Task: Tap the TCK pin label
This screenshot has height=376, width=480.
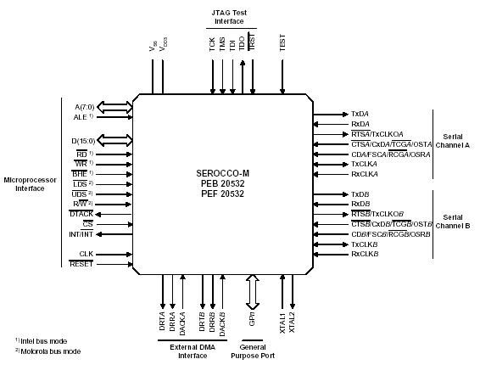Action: pos(212,45)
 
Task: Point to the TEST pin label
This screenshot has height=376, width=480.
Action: pos(282,43)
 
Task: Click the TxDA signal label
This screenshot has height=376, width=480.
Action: pos(360,114)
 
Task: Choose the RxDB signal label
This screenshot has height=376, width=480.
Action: pos(360,205)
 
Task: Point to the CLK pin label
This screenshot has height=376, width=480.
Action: pos(86,254)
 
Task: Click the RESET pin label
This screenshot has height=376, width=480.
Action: pos(81,264)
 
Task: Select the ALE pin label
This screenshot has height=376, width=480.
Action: pos(80,117)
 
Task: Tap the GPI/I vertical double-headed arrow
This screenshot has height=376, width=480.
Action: pos(252,292)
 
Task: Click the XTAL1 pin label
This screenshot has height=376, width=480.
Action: pos(283,323)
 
